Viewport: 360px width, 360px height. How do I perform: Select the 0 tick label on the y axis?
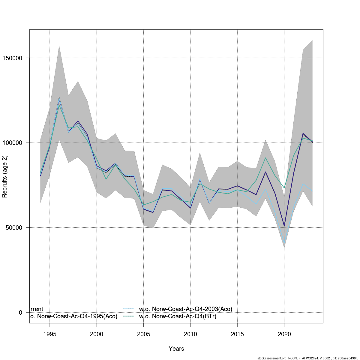(21, 313)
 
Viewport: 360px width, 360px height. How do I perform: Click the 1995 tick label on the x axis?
(50, 334)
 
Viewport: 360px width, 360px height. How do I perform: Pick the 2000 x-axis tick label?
(97, 334)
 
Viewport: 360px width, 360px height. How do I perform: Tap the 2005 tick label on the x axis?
(143, 334)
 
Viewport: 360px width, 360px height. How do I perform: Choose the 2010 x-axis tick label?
(190, 334)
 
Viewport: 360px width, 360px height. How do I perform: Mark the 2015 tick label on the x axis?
(237, 334)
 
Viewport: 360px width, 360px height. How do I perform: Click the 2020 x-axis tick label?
(284, 334)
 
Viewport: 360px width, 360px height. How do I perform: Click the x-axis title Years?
(176, 349)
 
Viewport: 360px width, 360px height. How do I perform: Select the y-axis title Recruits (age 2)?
(5, 177)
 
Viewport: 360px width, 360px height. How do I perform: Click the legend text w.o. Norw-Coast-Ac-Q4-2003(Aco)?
(186, 309)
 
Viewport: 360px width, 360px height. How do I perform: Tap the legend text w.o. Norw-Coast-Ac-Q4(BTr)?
(178, 316)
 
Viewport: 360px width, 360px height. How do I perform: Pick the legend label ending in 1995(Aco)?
(74, 316)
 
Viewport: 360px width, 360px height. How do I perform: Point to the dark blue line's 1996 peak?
(59, 98)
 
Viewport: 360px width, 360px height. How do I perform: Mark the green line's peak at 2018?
(265, 158)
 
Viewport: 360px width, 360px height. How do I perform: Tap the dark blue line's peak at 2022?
(303, 133)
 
